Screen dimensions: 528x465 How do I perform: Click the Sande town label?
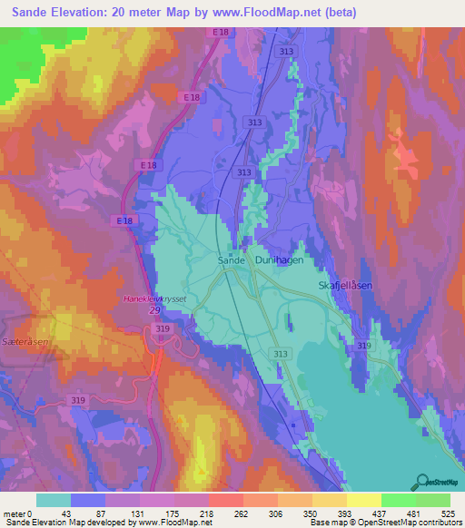(232, 259)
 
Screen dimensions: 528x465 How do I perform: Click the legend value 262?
(242, 513)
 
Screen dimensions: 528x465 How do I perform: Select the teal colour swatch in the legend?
(54, 500)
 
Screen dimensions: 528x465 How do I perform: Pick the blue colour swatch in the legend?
(88, 500)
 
